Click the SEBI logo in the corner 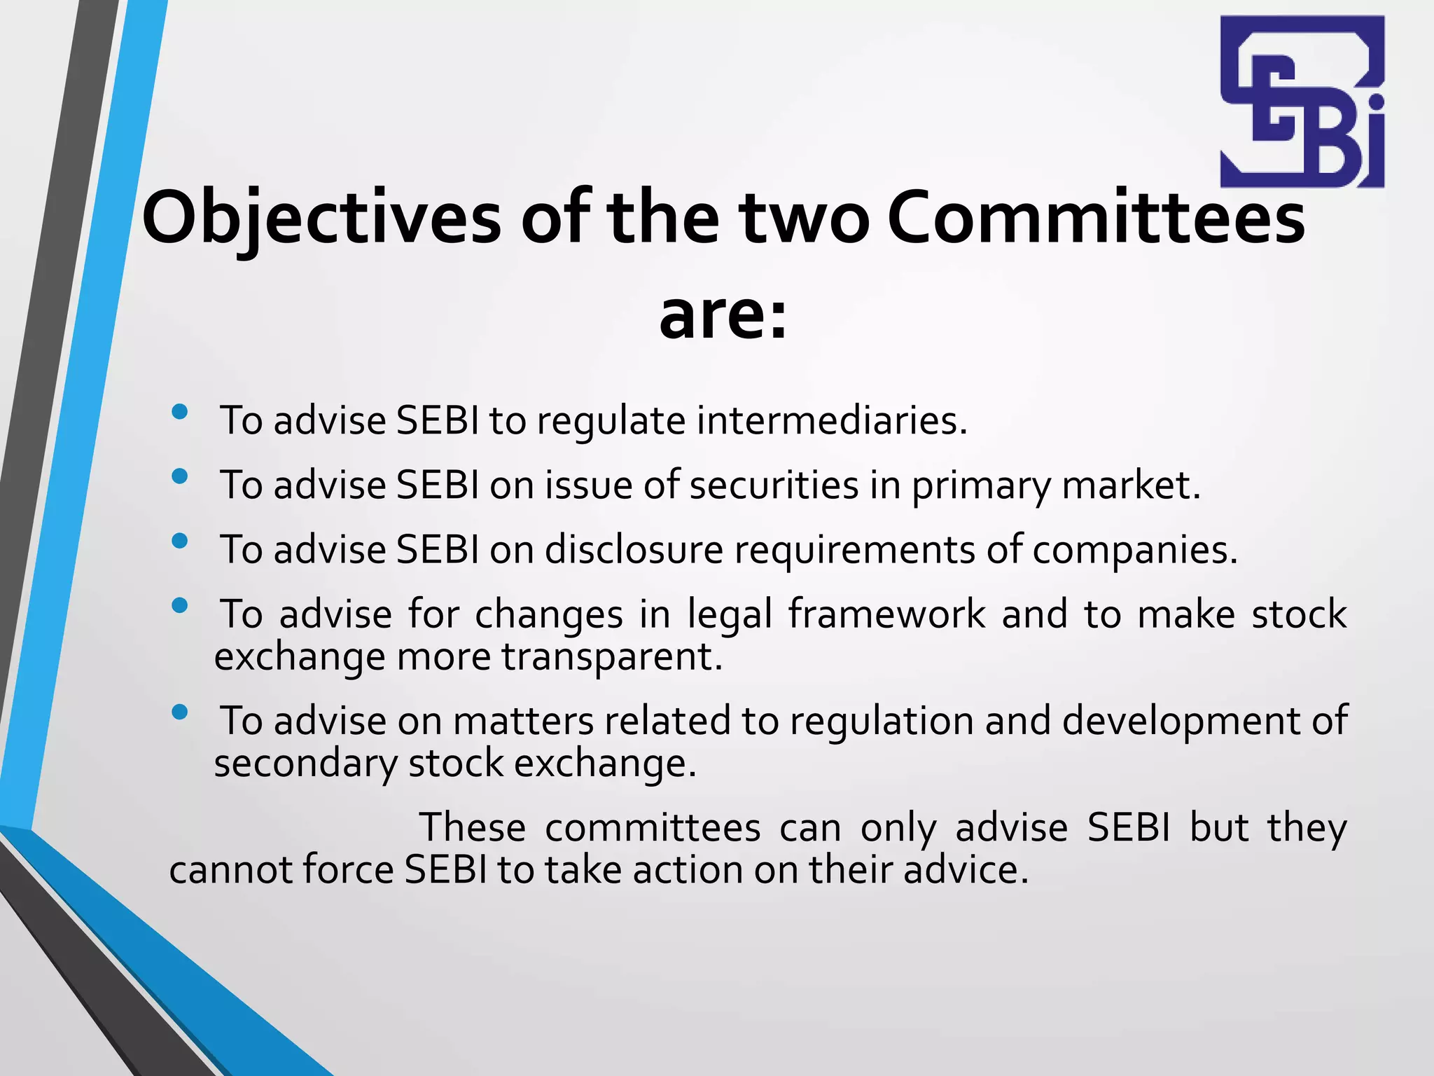click(x=1302, y=102)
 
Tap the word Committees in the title click(x=1096, y=219)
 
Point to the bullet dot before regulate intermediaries click(x=179, y=412)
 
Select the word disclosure click(x=634, y=550)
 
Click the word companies click(x=1134, y=550)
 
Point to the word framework click(x=886, y=614)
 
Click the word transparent click(x=611, y=657)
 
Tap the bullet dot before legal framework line click(x=179, y=605)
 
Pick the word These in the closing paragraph click(x=472, y=828)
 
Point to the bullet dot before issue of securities click(x=179, y=476)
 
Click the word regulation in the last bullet click(x=882, y=721)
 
